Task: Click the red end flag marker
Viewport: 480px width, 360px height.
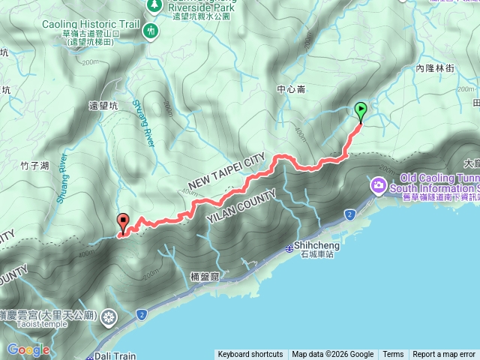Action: (123, 223)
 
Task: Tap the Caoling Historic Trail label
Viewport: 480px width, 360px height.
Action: (91, 25)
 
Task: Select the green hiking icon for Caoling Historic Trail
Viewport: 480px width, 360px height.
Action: (151, 31)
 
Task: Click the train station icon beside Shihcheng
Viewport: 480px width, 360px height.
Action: (290, 249)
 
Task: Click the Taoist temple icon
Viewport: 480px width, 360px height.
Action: (110, 317)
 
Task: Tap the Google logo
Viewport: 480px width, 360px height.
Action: (28, 349)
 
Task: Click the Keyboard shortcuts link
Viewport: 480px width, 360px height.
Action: (250, 355)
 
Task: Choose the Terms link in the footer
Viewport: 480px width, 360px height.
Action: (393, 355)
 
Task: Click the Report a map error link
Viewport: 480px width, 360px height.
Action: (444, 355)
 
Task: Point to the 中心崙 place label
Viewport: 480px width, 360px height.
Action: (291, 89)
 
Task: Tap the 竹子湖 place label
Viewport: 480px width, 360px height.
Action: (34, 165)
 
